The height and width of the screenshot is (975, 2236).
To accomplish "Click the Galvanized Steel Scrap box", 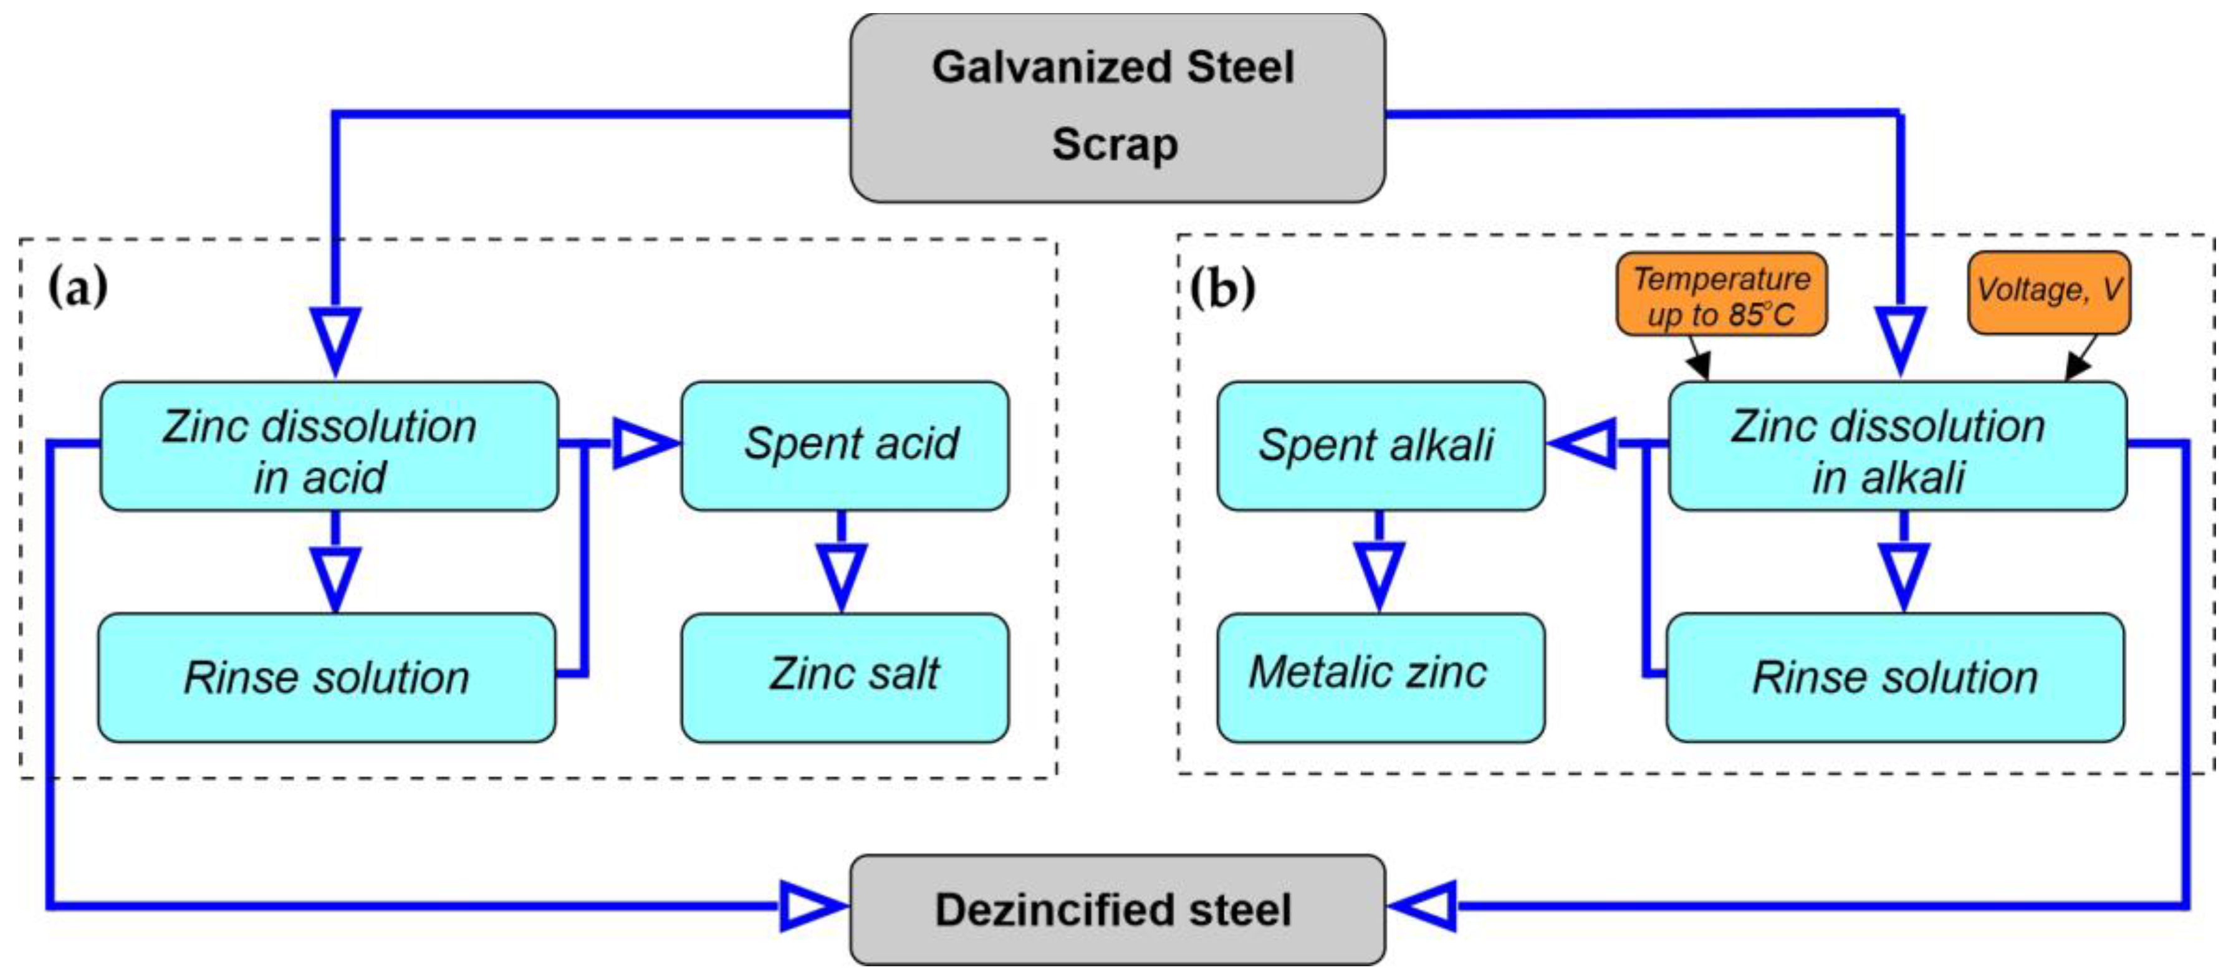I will coord(1116,108).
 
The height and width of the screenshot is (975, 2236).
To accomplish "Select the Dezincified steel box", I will coord(1116,909).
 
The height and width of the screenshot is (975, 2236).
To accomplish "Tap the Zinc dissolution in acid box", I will coord(328,446).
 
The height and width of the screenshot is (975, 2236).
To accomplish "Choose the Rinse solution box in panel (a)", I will coord(327,677).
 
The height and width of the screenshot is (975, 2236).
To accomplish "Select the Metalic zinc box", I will coord(1380,677).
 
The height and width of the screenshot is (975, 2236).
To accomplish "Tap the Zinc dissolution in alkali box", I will coord(1897,446).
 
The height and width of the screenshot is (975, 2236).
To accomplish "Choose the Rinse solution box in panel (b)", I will coord(1895,677).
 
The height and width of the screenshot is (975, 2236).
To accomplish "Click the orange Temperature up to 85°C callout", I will coord(1720,294).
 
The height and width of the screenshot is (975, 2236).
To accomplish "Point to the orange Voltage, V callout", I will coord(2048,292).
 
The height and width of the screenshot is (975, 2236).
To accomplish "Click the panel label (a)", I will coord(78,287).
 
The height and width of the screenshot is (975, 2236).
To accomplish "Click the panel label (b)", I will coord(1222,288).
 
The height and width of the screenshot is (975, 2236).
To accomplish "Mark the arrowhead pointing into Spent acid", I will coord(642,444).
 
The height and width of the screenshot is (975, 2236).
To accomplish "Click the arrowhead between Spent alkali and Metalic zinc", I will coord(1380,575).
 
